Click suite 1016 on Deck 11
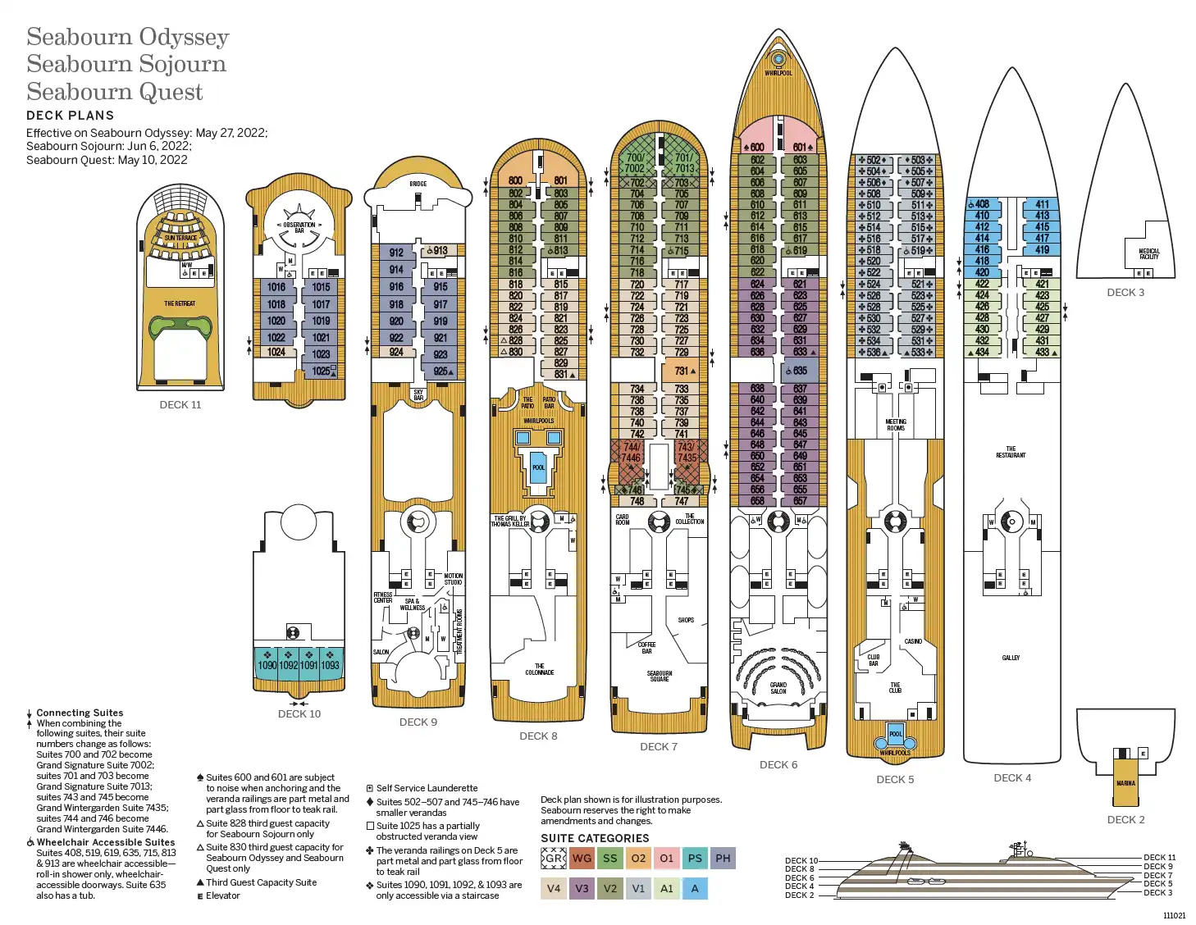click(x=276, y=287)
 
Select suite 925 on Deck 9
click(x=441, y=371)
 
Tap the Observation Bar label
click(x=299, y=227)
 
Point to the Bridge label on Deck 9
click(x=418, y=184)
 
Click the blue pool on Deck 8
click(x=538, y=467)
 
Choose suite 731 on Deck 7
click(x=682, y=371)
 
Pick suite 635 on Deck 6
click(x=800, y=371)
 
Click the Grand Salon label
click(x=778, y=688)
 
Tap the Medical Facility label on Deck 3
click(x=1149, y=253)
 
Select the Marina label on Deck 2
click(x=1125, y=783)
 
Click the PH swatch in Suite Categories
click(x=723, y=859)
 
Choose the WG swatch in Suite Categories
click(x=582, y=859)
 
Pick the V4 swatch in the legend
click(x=554, y=888)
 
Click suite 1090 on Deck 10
click(x=267, y=665)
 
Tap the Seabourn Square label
click(x=660, y=676)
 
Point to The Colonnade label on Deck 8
click(x=539, y=669)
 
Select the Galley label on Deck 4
click(x=1011, y=658)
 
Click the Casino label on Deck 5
click(x=913, y=641)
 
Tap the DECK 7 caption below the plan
click(x=659, y=747)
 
